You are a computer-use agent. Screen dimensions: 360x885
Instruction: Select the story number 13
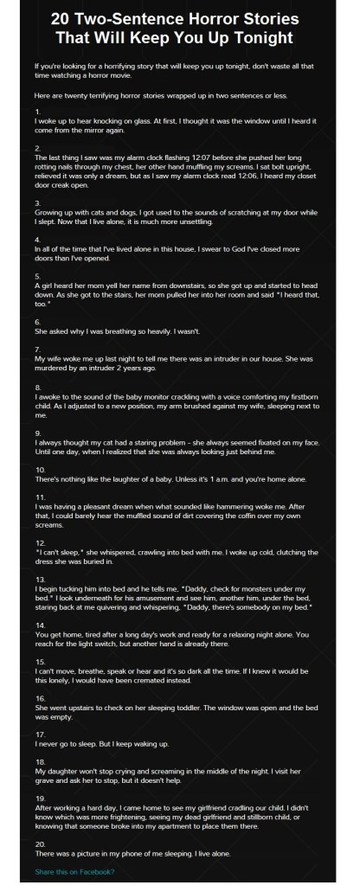[x=40, y=578]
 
